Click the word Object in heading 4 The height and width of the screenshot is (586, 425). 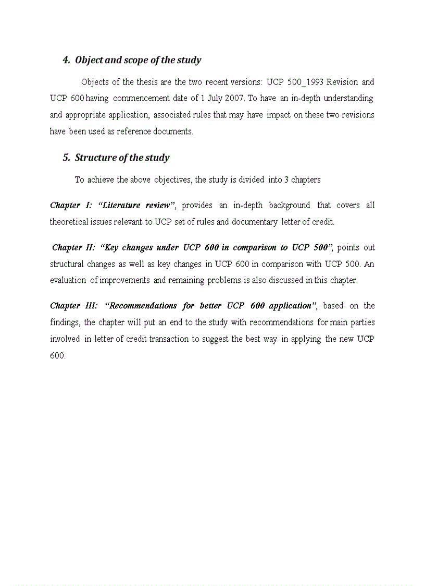[x=89, y=60]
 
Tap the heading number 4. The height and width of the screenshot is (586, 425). [x=66, y=60]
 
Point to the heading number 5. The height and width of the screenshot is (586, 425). [x=66, y=158]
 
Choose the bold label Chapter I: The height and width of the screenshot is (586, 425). [x=71, y=206]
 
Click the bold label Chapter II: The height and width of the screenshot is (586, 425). [x=74, y=247]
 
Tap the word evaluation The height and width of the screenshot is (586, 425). [x=68, y=280]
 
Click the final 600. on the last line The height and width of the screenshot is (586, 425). [x=57, y=355]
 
